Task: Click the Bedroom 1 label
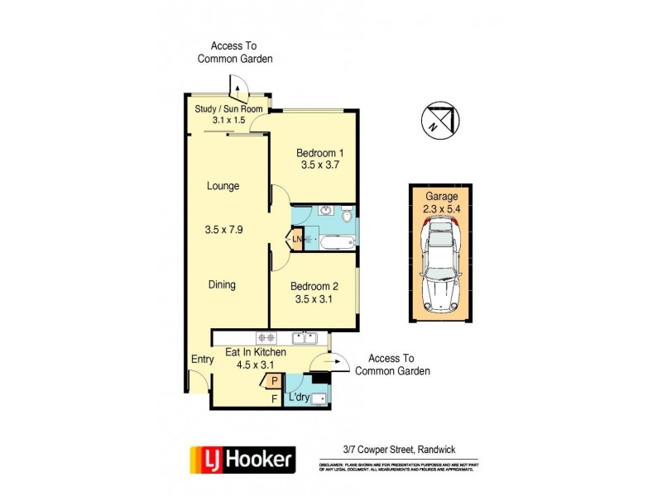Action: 319,153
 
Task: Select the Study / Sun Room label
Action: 228,109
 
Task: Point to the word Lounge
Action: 223,186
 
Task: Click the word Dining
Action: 221,285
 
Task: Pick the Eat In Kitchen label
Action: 256,352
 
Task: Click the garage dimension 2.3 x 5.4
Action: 440,209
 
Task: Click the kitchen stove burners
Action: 266,337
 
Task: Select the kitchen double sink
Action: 305,337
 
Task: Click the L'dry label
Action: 298,398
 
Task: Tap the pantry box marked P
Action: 274,382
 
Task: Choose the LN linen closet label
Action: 297,241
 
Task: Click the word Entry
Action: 202,360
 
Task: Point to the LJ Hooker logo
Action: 242,458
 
